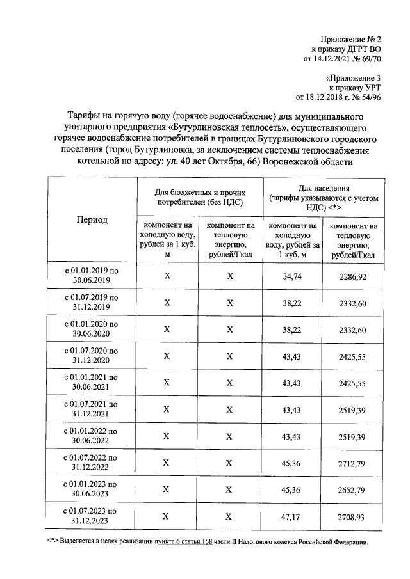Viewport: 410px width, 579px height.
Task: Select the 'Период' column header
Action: [92, 219]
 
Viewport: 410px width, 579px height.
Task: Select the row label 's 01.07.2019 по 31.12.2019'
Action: [92, 303]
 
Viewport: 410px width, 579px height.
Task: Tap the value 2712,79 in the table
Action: [353, 463]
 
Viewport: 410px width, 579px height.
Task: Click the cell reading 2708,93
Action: [353, 516]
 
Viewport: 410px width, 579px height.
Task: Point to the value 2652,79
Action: [353, 489]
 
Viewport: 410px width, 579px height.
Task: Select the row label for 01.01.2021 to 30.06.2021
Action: [92, 383]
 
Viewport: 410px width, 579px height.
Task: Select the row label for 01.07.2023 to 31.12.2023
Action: [92, 516]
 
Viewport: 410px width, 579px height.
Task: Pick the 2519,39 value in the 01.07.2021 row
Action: [353, 409]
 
